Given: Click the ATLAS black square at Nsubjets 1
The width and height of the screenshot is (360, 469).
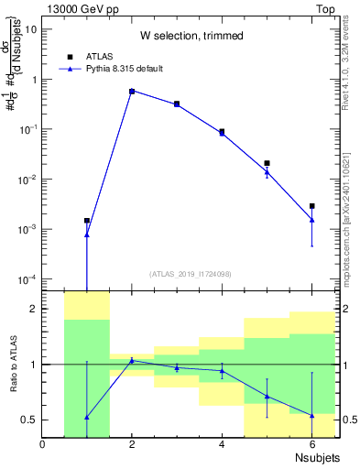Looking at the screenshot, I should click(x=87, y=221).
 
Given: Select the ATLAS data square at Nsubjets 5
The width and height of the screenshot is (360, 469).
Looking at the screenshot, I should click(x=267, y=163).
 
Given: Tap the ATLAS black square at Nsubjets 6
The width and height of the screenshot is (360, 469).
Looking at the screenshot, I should click(x=311, y=206).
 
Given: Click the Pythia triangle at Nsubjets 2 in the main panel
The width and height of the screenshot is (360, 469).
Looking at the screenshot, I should click(x=132, y=92).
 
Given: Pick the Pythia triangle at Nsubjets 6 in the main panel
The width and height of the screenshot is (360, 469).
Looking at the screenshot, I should click(x=311, y=219).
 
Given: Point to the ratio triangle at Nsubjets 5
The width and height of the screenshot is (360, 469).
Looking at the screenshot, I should click(x=267, y=397).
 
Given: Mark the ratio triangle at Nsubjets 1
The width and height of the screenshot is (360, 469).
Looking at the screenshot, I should click(x=87, y=417).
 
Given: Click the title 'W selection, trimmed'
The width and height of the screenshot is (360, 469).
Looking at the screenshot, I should click(x=191, y=36).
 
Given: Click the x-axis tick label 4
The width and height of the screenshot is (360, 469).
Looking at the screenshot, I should click(x=222, y=444).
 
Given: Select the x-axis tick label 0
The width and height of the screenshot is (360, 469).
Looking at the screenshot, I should click(x=43, y=444).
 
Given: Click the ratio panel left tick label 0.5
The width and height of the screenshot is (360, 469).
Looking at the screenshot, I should click(x=28, y=420).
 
